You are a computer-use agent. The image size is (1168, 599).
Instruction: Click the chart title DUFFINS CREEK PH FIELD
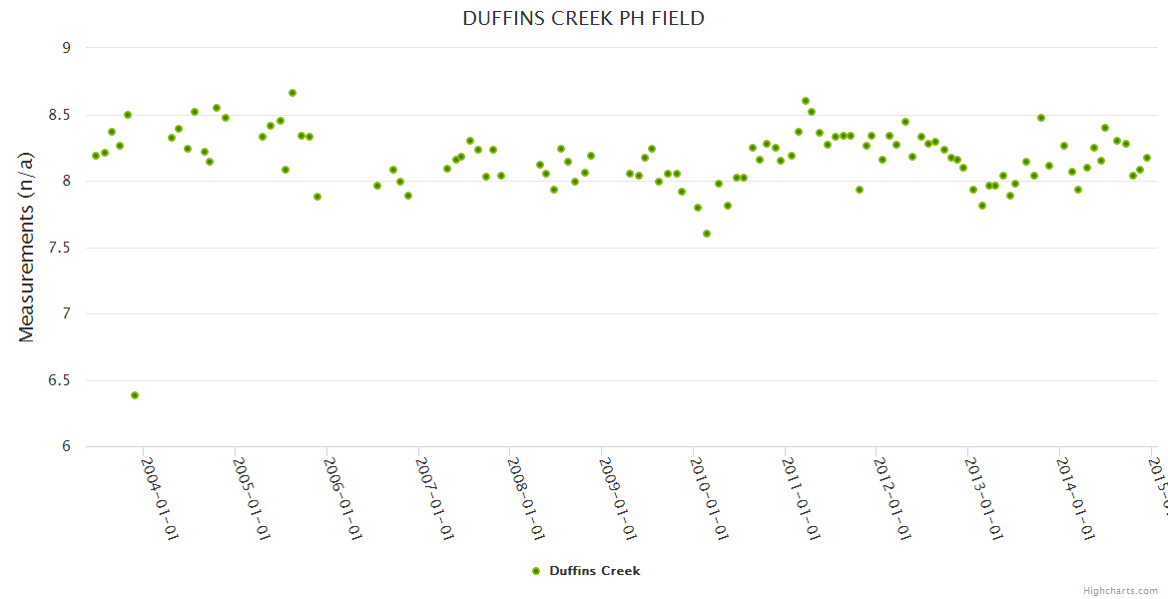pos(583,19)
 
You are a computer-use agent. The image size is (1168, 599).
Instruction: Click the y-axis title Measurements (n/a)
pos(27,246)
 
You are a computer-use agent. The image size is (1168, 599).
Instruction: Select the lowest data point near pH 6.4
pos(135,395)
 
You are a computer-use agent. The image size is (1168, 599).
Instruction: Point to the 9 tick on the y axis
pos(67,48)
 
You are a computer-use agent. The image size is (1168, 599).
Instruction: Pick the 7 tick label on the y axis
pos(67,314)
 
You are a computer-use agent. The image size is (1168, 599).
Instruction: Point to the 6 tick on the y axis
pos(67,447)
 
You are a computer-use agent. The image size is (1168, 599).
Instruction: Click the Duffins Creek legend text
pos(595,571)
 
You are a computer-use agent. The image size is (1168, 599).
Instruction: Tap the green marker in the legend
pos(536,571)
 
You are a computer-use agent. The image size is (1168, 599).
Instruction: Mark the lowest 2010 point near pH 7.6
pos(707,234)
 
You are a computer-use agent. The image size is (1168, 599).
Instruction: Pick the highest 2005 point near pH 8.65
pos(292,93)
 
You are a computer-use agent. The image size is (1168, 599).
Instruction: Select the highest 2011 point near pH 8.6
pos(806,101)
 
